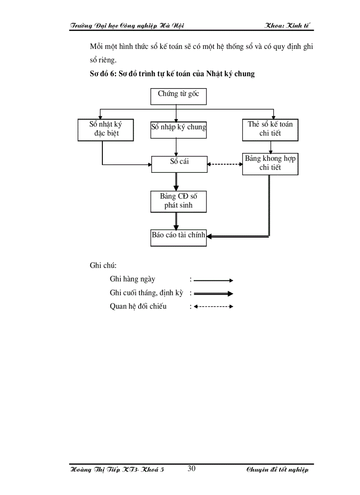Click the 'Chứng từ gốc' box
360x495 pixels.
click(x=178, y=96)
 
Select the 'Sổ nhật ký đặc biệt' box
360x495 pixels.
click(x=102, y=129)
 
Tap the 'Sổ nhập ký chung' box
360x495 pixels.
click(x=178, y=128)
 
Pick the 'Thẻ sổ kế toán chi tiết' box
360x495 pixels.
click(x=270, y=129)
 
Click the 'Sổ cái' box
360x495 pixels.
click(x=179, y=164)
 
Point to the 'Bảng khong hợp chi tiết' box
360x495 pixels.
click(x=270, y=164)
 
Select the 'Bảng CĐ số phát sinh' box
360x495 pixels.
click(x=178, y=201)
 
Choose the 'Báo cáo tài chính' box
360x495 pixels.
click(x=178, y=237)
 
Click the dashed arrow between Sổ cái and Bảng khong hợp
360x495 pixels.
click(x=225, y=164)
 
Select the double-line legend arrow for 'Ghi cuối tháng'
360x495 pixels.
click(x=213, y=294)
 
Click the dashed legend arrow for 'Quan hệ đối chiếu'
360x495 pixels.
click(x=213, y=307)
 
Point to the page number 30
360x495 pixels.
click(x=191, y=469)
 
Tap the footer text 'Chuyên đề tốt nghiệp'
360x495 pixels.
click(x=277, y=470)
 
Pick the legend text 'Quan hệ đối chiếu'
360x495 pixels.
click(x=138, y=306)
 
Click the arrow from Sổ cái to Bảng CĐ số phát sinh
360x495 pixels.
click(x=176, y=182)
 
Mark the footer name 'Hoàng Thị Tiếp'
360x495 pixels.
click(x=94, y=470)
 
